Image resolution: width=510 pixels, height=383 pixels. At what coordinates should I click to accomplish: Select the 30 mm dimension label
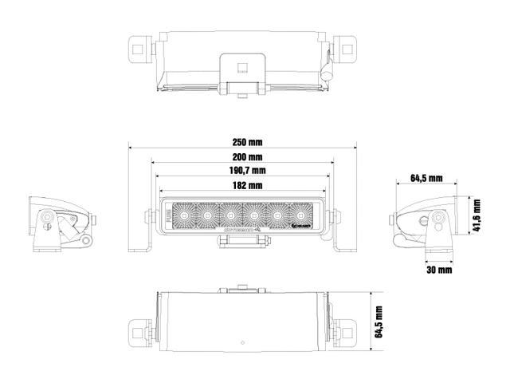[438, 270]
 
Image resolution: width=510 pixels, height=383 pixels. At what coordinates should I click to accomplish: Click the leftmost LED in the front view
[182, 215]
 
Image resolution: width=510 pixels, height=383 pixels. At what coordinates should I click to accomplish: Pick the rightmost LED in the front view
[301, 215]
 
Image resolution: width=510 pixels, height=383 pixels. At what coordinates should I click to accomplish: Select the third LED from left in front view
[229, 215]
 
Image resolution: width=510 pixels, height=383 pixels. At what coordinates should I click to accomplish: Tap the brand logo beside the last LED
[319, 227]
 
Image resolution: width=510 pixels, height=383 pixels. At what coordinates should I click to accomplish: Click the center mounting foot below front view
[243, 239]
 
